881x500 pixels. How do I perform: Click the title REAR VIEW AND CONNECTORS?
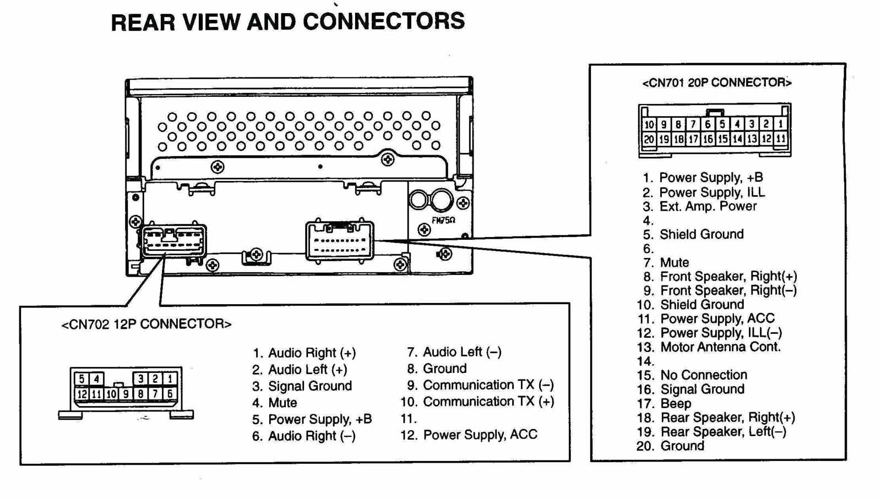point(287,22)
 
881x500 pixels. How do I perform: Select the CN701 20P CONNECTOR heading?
point(716,83)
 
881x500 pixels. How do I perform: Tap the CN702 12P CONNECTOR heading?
point(146,324)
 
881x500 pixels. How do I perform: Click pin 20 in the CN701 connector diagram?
point(649,140)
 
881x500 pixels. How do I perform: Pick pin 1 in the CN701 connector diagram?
point(780,124)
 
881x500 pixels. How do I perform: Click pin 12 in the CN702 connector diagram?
point(81,394)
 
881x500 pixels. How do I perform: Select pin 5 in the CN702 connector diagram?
point(81,378)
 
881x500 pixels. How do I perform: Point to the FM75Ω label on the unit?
point(443,220)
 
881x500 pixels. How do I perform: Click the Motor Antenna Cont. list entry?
point(720,347)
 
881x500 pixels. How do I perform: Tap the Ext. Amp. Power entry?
point(708,206)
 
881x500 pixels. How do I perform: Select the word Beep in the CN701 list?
point(675,404)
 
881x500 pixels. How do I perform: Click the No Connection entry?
point(703,375)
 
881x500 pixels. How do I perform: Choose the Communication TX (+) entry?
point(488,402)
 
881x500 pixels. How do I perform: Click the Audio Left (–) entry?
point(461,352)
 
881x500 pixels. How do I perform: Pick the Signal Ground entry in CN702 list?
point(309,386)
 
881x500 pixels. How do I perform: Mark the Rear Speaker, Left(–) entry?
point(722,432)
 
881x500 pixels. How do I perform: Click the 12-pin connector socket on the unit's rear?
point(174,240)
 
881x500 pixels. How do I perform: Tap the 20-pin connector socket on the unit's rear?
point(340,240)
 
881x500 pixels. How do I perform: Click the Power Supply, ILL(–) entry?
point(720,333)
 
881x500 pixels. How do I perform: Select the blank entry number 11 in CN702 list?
point(409,419)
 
